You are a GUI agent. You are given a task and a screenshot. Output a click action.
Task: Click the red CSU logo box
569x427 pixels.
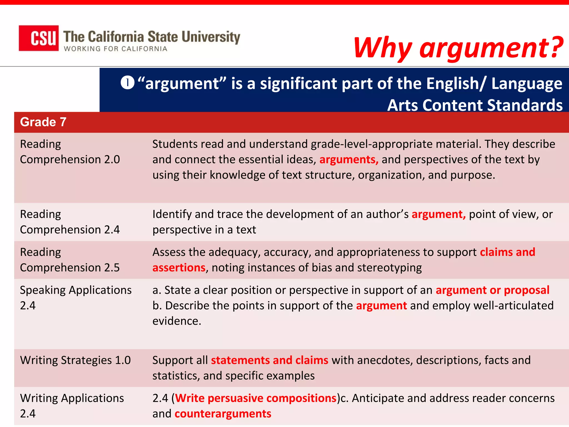point(39,38)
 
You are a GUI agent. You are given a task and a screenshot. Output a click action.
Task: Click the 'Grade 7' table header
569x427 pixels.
point(43,122)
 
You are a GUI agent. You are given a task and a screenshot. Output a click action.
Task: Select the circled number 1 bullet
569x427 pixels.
point(128,83)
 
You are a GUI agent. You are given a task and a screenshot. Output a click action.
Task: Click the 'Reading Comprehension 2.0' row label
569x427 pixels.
point(70,152)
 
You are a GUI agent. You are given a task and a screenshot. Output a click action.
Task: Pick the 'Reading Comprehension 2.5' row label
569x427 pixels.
point(70,260)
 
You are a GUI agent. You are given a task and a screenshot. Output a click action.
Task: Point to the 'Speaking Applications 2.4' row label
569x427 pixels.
point(76,298)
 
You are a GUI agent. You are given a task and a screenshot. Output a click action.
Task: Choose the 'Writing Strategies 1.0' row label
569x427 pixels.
point(75,360)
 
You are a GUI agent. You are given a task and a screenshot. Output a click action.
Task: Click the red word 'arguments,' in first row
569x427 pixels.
point(349,160)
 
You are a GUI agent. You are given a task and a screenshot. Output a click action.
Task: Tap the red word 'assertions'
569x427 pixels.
point(179,268)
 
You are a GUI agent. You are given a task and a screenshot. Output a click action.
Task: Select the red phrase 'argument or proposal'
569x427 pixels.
point(492,290)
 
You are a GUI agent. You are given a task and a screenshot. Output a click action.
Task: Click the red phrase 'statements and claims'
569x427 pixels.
point(269,360)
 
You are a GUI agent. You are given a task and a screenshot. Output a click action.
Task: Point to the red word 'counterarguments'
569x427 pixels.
point(223,414)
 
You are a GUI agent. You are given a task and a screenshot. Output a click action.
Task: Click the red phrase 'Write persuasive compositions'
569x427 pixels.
point(256,398)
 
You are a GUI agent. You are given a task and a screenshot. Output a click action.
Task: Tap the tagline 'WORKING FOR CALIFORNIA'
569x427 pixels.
point(116,49)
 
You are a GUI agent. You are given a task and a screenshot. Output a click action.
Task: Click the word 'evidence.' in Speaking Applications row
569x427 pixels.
point(177,321)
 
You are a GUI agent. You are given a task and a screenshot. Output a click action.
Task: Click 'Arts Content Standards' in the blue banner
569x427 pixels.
point(475,105)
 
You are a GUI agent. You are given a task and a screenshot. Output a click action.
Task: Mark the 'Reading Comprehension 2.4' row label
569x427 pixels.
point(70,222)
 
